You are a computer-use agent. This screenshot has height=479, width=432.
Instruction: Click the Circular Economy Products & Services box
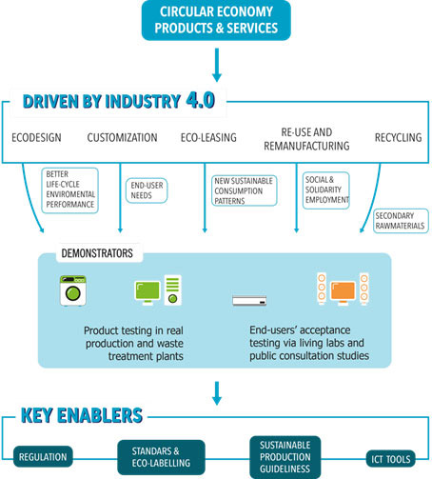pos(216,20)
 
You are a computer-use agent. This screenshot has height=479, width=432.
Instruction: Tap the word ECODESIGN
pos(36,138)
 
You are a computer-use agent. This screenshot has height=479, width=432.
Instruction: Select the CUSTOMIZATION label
pos(122,138)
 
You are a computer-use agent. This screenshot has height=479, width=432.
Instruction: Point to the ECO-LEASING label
pos(208,138)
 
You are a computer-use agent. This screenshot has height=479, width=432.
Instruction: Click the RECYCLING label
pos(399,138)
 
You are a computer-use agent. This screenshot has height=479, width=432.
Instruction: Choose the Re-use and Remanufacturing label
pos(306,139)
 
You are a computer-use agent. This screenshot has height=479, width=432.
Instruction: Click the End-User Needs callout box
pos(147,190)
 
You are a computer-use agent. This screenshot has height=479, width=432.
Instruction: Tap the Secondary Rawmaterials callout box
pos(401,221)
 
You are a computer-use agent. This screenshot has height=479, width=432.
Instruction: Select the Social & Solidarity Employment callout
pos(326,190)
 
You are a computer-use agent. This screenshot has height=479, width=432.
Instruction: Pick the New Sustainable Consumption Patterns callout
pos(245,190)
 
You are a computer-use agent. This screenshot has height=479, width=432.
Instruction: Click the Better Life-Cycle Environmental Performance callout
pos(69,190)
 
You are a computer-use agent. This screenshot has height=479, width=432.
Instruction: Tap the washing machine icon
pos(73,290)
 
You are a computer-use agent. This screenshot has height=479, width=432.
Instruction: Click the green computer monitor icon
pos(147,292)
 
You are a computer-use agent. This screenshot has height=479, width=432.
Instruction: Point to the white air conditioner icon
pos(249,300)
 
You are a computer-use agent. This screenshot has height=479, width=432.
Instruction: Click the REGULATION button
pos(43,457)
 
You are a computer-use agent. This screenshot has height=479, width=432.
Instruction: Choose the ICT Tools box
pos(391,459)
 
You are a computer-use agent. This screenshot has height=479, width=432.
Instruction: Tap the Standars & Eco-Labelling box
pos(161,457)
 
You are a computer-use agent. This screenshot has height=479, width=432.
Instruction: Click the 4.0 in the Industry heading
pos(201,100)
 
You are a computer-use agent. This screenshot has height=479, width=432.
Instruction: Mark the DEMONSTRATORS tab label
pos(97,253)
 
